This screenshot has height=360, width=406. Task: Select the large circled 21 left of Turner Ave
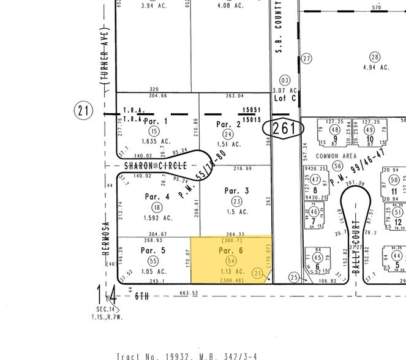click(84, 111)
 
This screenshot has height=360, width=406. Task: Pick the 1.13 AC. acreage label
click(231, 271)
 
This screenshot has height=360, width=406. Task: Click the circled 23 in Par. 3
click(236, 201)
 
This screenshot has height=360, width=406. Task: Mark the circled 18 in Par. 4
click(157, 208)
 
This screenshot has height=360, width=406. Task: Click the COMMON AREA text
click(336, 156)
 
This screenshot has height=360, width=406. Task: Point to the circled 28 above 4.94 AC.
click(374, 57)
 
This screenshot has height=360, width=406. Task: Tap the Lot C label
click(284, 98)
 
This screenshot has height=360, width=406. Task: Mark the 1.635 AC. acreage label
click(153, 141)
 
